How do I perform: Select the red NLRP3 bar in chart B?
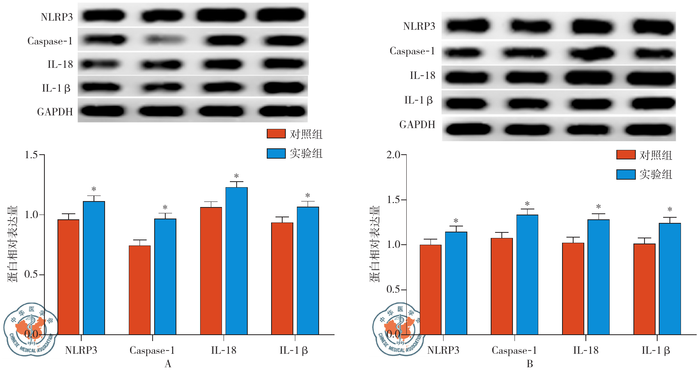[x=430, y=290]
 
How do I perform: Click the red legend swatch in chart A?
[x=276, y=134]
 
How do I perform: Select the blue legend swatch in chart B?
[x=626, y=174]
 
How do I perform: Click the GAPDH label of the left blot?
[x=55, y=112]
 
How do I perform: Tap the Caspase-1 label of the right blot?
[x=412, y=51]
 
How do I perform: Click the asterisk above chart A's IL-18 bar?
[x=236, y=176]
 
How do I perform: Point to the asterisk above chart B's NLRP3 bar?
[x=456, y=221]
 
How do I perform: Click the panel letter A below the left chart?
[x=168, y=364]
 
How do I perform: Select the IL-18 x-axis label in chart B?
[x=585, y=350]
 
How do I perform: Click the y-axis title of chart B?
[x=375, y=244]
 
